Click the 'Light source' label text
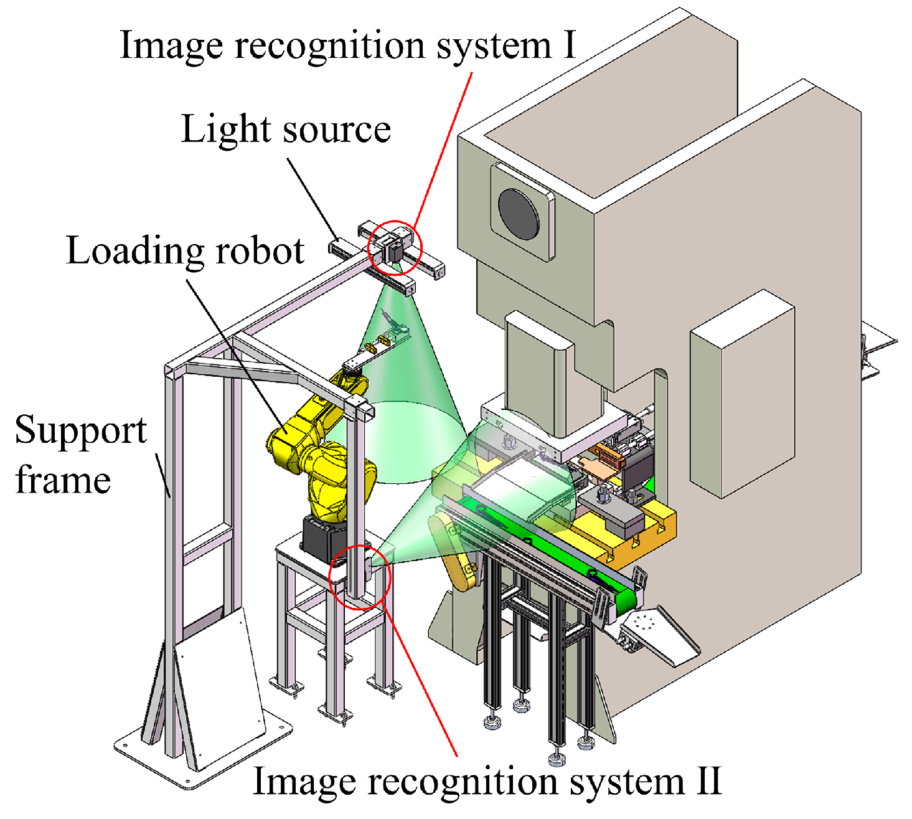(286, 130)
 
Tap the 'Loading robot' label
(185, 251)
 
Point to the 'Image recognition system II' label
(487, 781)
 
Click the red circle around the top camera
(395, 247)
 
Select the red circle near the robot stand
(359, 577)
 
